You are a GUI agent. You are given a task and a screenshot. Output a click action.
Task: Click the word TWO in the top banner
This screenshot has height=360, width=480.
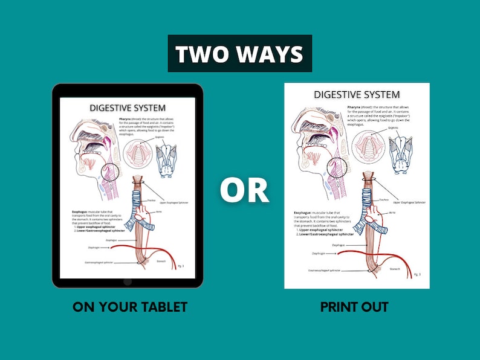pos(201,54)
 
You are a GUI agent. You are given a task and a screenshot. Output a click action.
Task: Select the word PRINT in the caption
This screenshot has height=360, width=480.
pos(337,307)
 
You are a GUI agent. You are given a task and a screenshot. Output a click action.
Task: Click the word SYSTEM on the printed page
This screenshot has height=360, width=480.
pos(378,94)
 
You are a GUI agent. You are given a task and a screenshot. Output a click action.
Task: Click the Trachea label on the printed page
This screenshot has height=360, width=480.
pos(383,199)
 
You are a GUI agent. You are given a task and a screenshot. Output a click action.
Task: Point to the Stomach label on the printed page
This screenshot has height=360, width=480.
pos(394,269)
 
